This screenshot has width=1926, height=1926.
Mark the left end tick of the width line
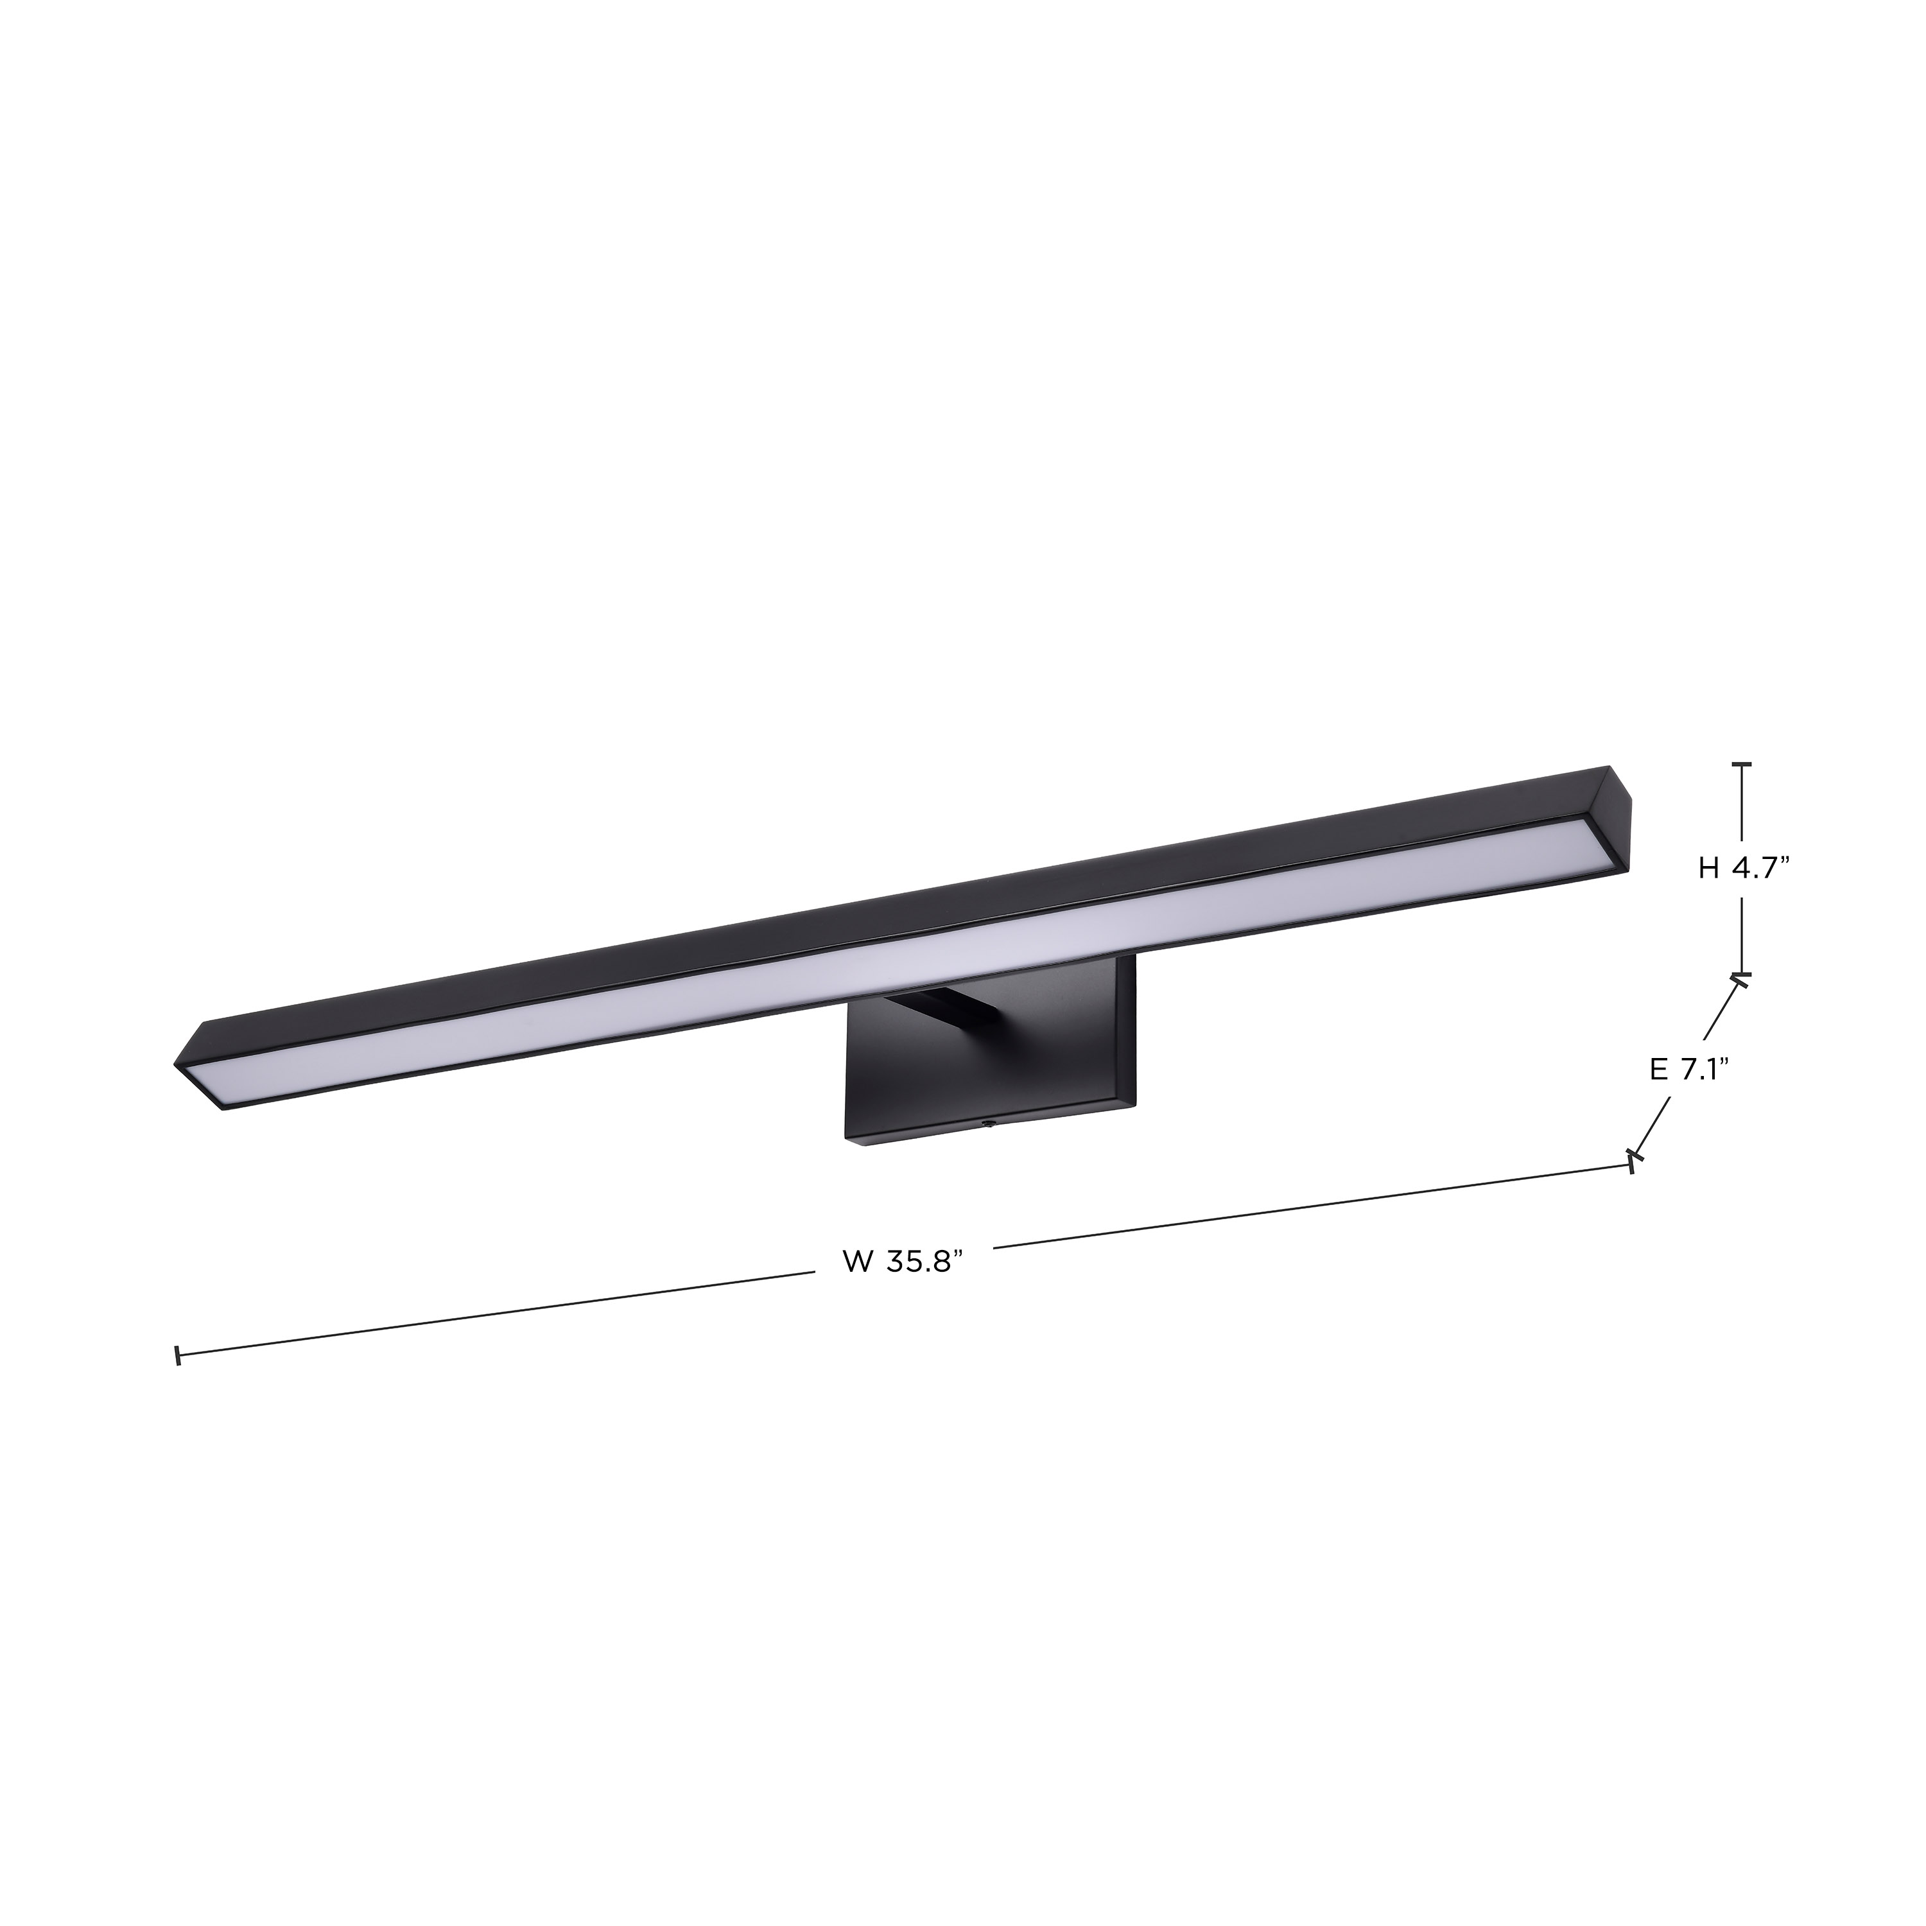coord(177,1356)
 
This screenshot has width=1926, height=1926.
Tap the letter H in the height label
coord(1708,868)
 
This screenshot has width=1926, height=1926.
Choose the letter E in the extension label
coord(1658,1070)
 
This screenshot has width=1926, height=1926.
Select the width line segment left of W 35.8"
coord(498,1314)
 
